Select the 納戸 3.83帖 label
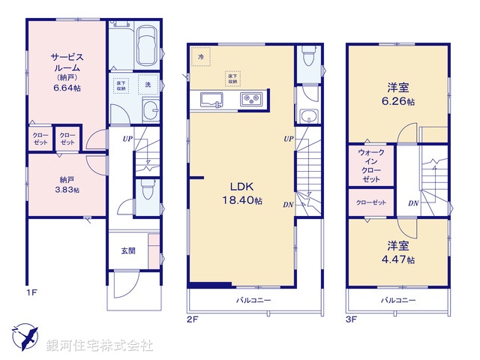point(65,184)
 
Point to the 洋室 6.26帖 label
point(399,94)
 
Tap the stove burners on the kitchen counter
point(250,99)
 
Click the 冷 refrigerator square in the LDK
point(200,57)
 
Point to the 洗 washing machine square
point(148,84)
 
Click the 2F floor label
point(193,318)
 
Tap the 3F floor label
point(352,318)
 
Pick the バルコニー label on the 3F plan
point(398,300)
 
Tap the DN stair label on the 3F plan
point(412,203)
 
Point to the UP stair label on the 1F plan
point(128,139)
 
